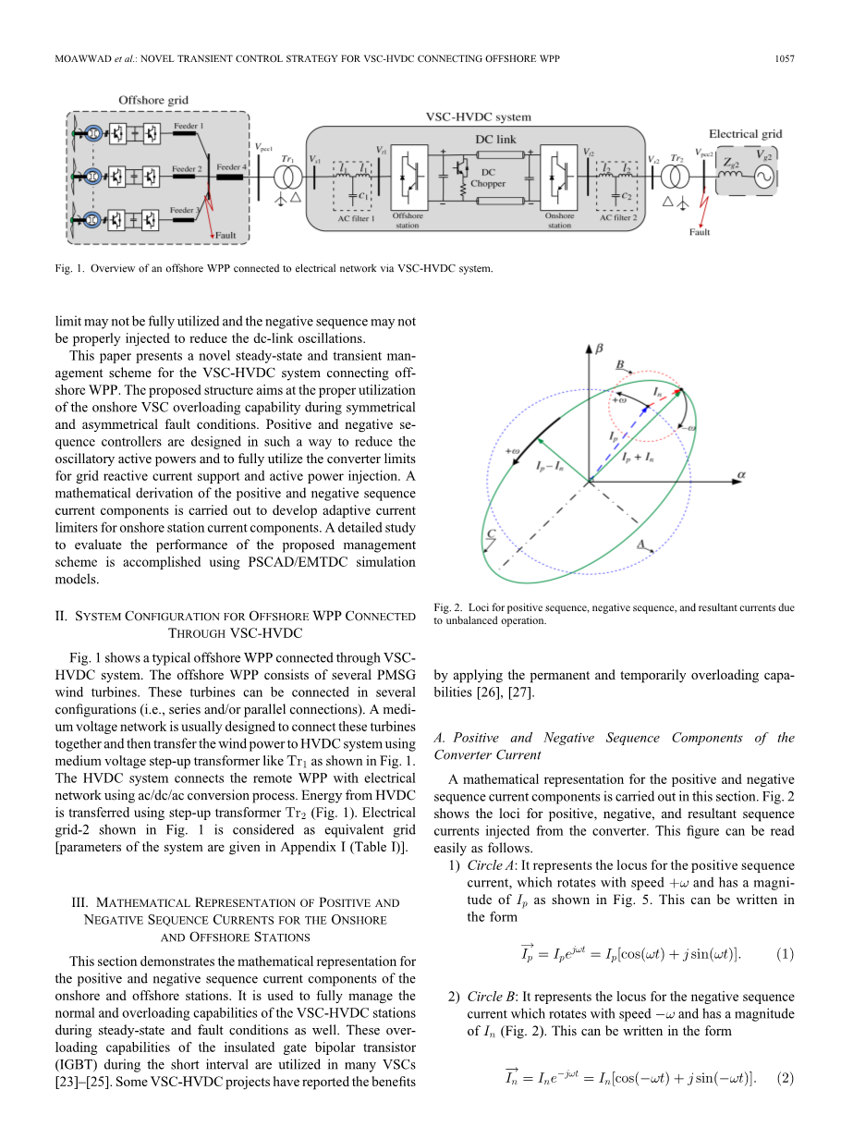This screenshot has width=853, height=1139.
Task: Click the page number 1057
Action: point(784,60)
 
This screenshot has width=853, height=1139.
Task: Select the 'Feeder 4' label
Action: point(230,167)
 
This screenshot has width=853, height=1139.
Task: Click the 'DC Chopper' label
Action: point(488,178)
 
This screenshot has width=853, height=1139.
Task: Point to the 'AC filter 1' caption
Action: point(356,219)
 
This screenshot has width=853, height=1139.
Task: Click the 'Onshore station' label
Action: point(559,220)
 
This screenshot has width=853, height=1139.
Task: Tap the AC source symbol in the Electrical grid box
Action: point(764,179)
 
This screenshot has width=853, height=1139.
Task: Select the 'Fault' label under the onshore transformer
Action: point(700,232)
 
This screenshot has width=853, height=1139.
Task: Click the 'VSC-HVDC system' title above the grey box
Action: point(478,117)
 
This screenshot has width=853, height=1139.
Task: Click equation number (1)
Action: point(785,953)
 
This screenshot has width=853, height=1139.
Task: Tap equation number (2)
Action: point(785,1077)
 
